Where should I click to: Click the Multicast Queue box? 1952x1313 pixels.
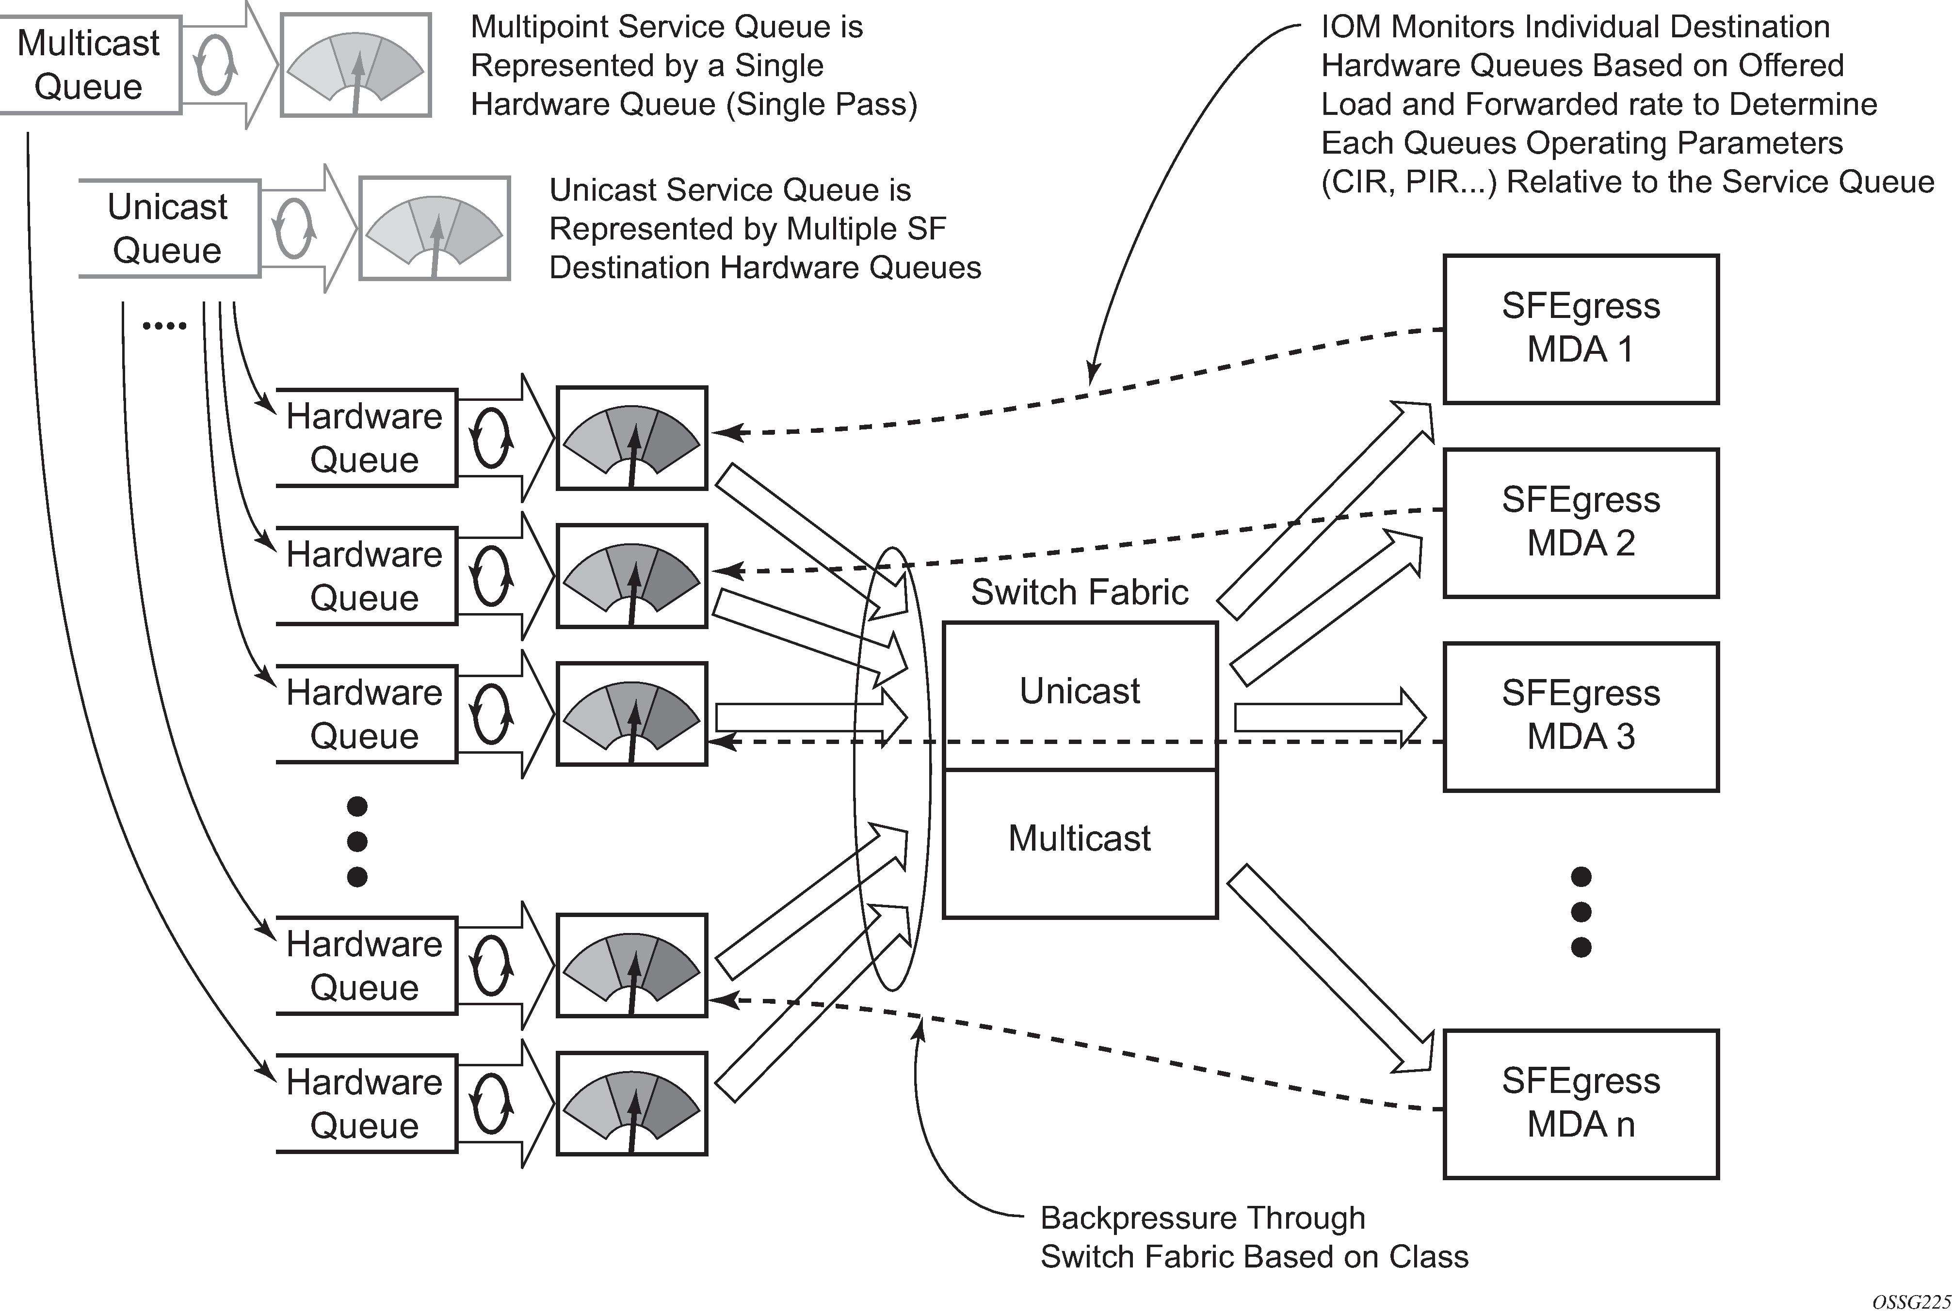point(89,64)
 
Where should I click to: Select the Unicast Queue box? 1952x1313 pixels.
point(167,228)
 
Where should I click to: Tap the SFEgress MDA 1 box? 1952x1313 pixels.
point(1580,328)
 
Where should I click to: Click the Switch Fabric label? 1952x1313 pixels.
point(1079,592)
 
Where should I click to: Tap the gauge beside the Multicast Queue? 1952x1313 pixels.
point(355,64)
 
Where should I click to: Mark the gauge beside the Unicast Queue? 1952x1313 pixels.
point(434,228)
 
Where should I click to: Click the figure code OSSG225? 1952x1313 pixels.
point(1910,1302)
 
